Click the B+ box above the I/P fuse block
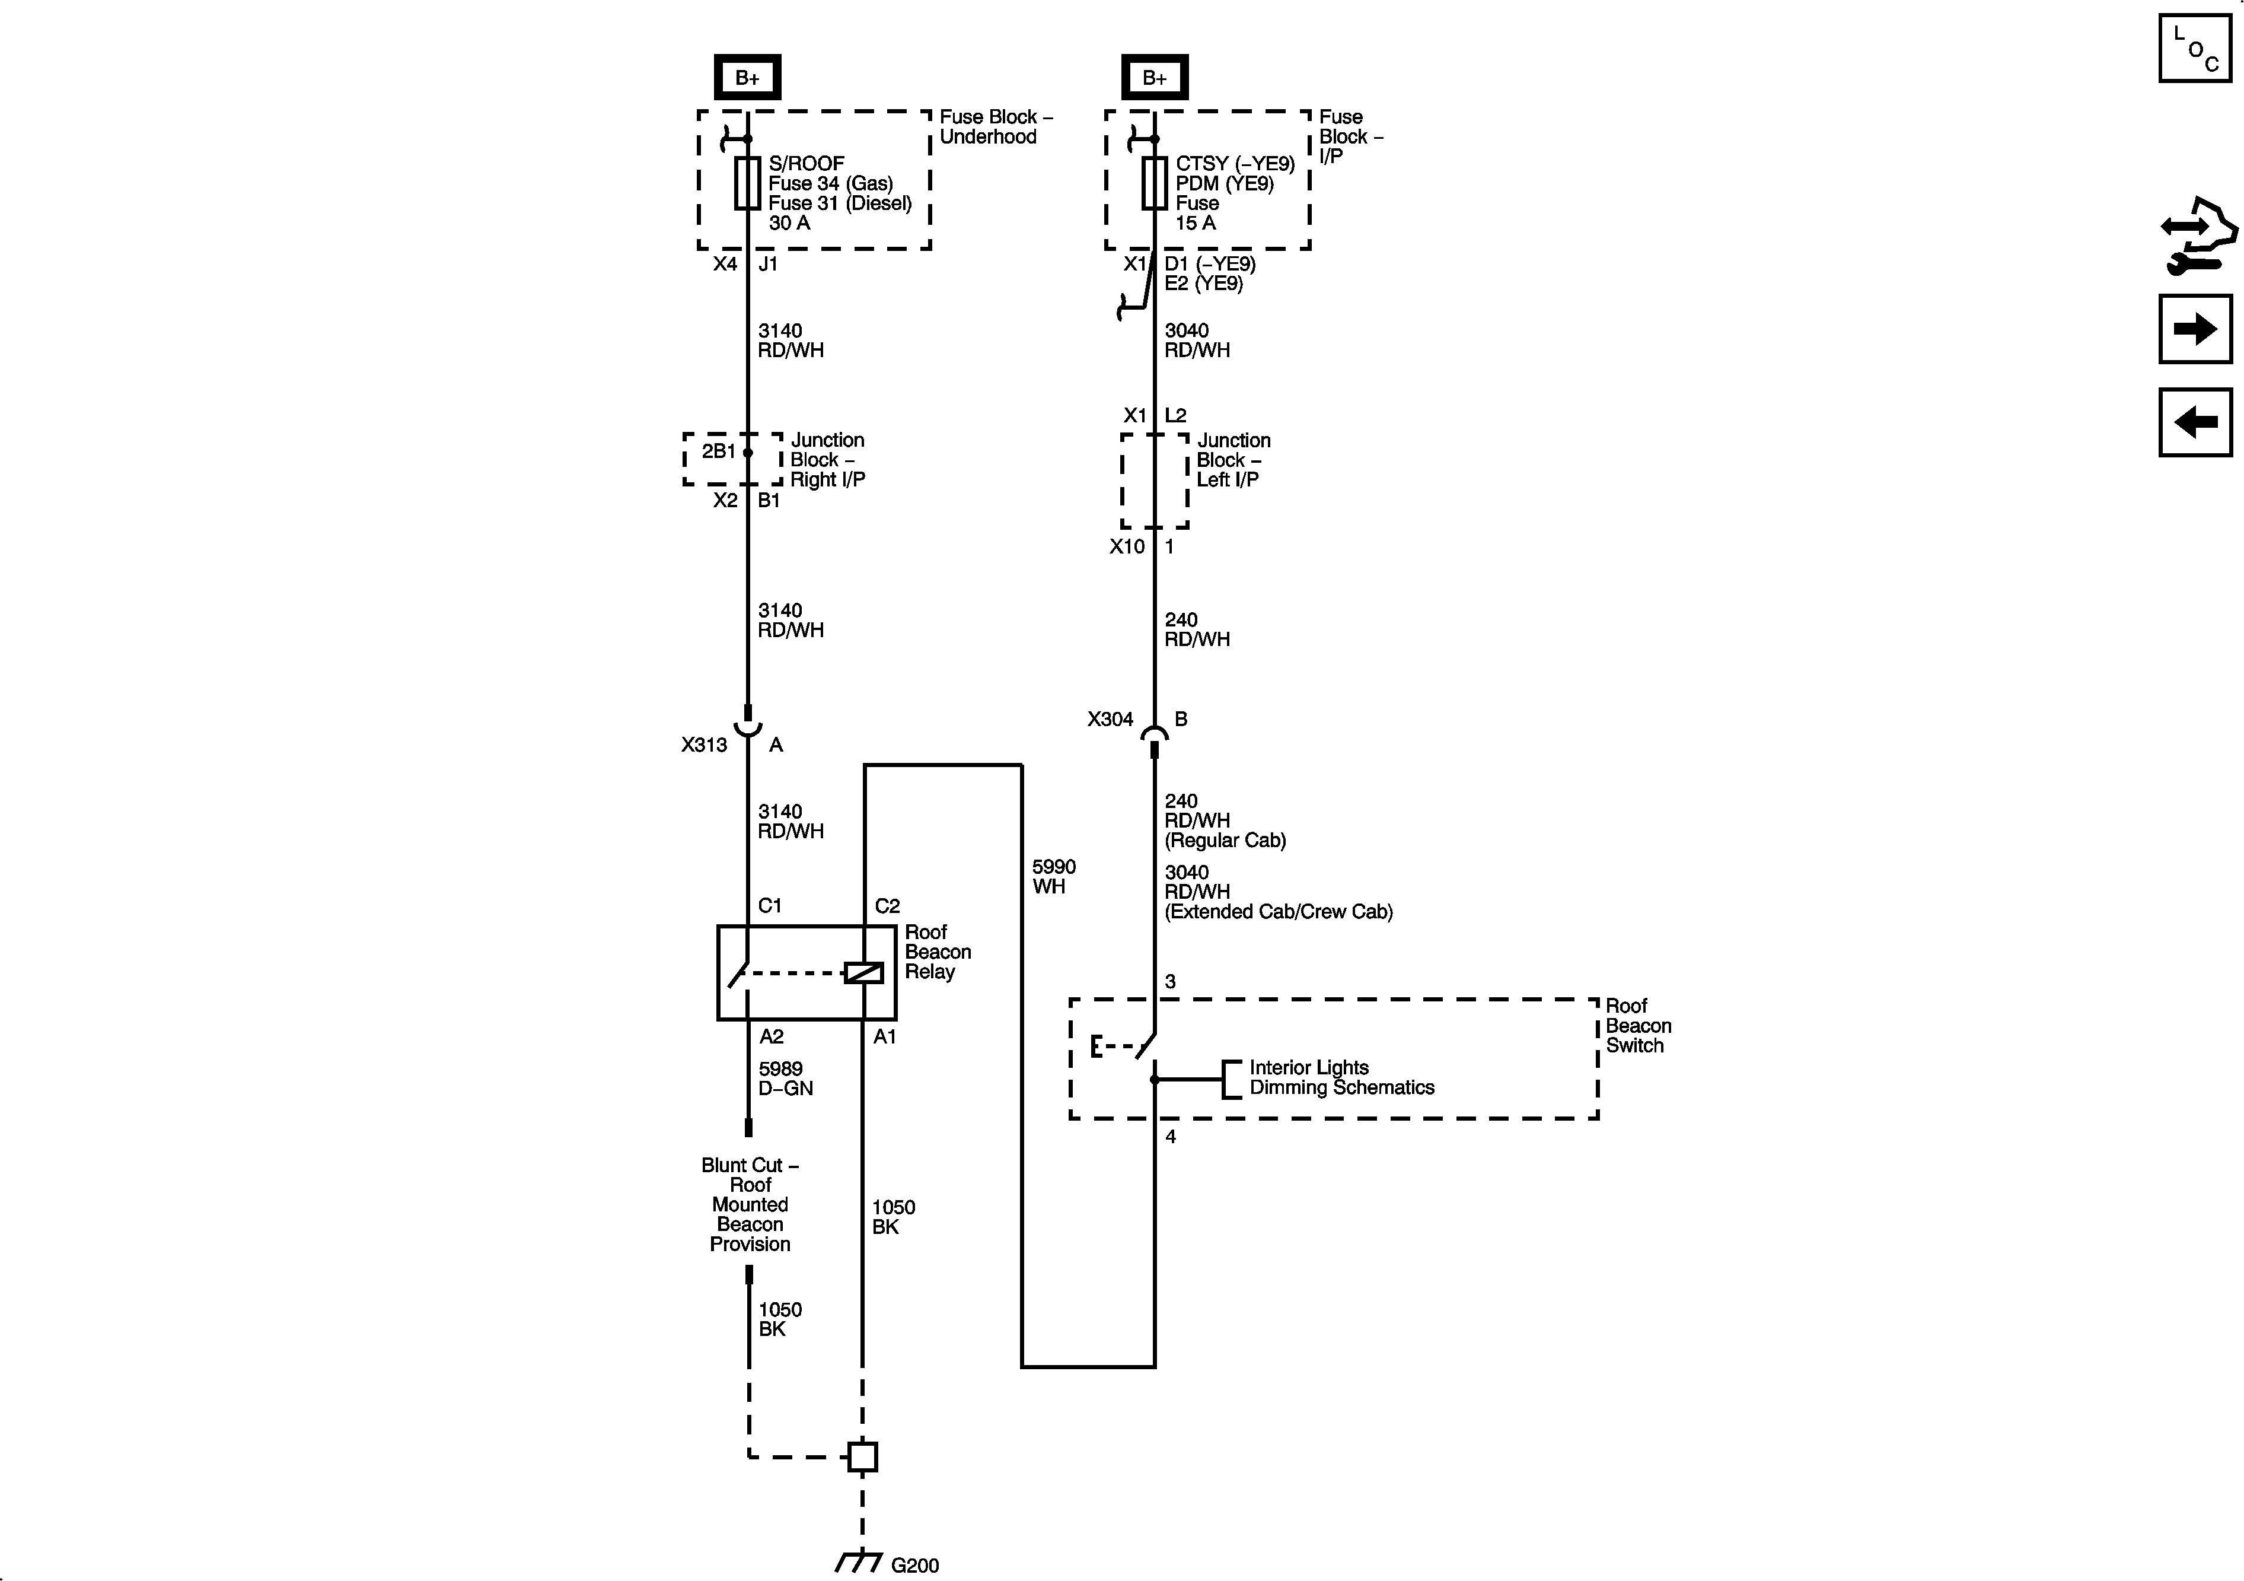pos(1154,77)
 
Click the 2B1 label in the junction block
pos(718,451)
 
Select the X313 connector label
pos(704,745)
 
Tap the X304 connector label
pos(1110,720)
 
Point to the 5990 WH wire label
pos(1054,877)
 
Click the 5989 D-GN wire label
pos(786,1079)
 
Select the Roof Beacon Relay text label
pos(938,952)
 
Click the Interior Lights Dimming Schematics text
pos(1341,1077)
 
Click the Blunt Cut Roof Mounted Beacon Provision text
pos(750,1204)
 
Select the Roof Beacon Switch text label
pos(1638,1026)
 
